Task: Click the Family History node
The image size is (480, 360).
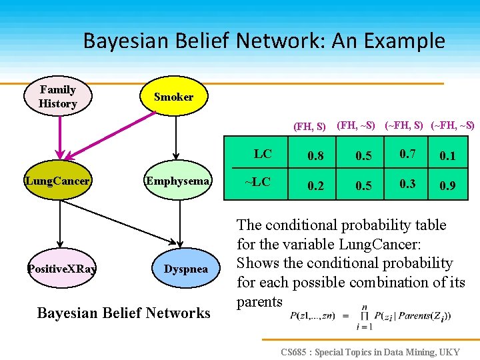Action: point(58,97)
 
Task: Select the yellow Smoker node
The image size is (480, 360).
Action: point(173,97)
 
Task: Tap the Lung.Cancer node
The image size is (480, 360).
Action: point(57,181)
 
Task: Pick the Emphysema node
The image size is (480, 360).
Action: point(178,181)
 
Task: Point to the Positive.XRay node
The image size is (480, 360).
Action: point(61,269)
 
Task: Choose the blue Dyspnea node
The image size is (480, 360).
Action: point(186,269)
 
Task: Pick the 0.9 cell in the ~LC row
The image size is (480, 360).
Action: point(447,186)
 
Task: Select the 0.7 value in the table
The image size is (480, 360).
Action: point(407,155)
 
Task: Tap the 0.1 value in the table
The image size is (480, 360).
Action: point(447,156)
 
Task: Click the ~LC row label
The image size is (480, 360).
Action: point(257,182)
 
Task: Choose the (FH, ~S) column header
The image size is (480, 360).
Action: point(356,125)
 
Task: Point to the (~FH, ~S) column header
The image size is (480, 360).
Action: point(453,125)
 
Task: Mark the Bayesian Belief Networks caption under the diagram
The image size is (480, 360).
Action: point(123,313)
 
